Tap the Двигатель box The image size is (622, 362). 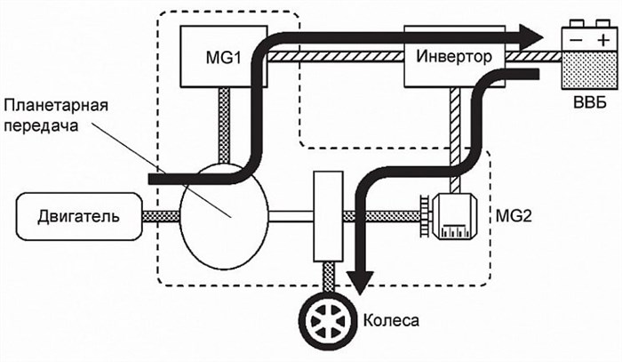pos(79,216)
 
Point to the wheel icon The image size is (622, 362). pos(328,317)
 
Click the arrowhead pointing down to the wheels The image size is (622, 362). pos(358,279)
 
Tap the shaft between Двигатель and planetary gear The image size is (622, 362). pos(160,216)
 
